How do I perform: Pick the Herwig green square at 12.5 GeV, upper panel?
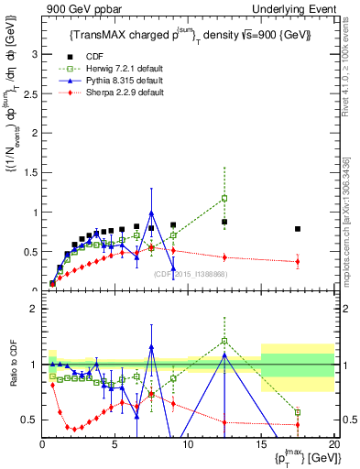(224, 198)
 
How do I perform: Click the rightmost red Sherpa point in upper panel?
(297, 262)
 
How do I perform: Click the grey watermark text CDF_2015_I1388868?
(191, 274)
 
